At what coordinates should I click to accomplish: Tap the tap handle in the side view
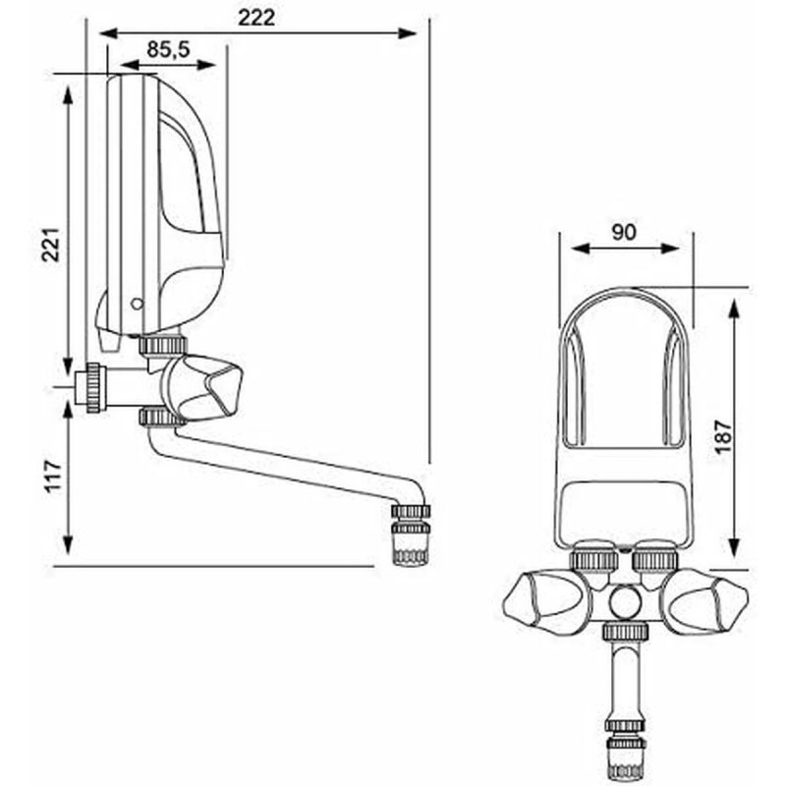pos(208,387)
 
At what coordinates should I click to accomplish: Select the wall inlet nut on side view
pos(91,388)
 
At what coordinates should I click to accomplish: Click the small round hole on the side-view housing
pos(136,304)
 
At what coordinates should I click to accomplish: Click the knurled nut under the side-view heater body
pos(162,345)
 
